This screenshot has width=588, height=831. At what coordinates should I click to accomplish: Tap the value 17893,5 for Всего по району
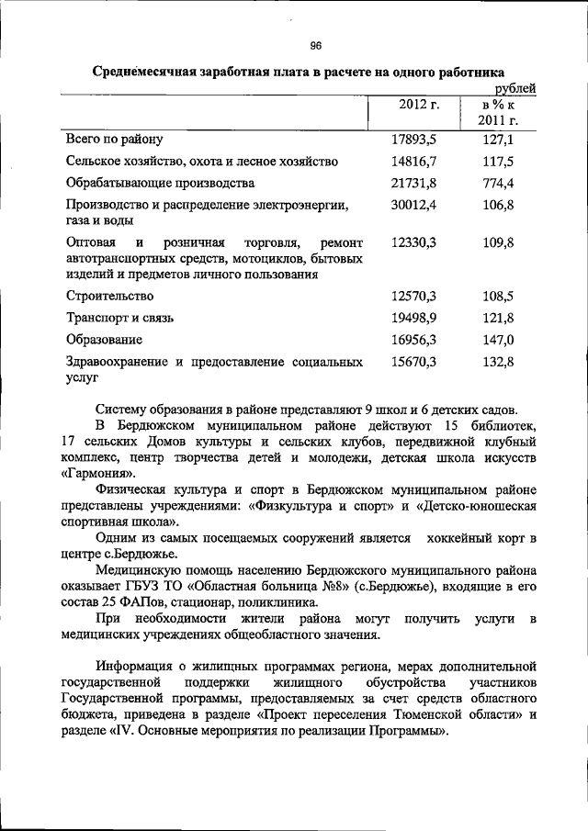coord(413,140)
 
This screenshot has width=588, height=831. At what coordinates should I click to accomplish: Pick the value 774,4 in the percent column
coord(498,183)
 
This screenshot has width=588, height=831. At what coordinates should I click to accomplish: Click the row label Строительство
coord(109,297)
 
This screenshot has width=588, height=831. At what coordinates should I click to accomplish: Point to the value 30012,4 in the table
coord(413,205)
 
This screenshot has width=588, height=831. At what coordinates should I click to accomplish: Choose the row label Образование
coord(103,341)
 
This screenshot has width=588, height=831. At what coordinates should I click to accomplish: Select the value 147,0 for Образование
coord(498,341)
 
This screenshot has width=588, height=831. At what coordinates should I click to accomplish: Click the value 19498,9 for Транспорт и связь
coord(413,319)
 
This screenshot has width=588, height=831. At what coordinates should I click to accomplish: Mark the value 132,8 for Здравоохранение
coord(498,363)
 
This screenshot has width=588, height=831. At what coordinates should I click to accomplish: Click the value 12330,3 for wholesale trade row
coord(413,243)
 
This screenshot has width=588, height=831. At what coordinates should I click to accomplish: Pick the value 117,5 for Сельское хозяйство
coord(498,162)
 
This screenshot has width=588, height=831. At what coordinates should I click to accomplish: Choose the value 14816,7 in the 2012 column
coord(413,162)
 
